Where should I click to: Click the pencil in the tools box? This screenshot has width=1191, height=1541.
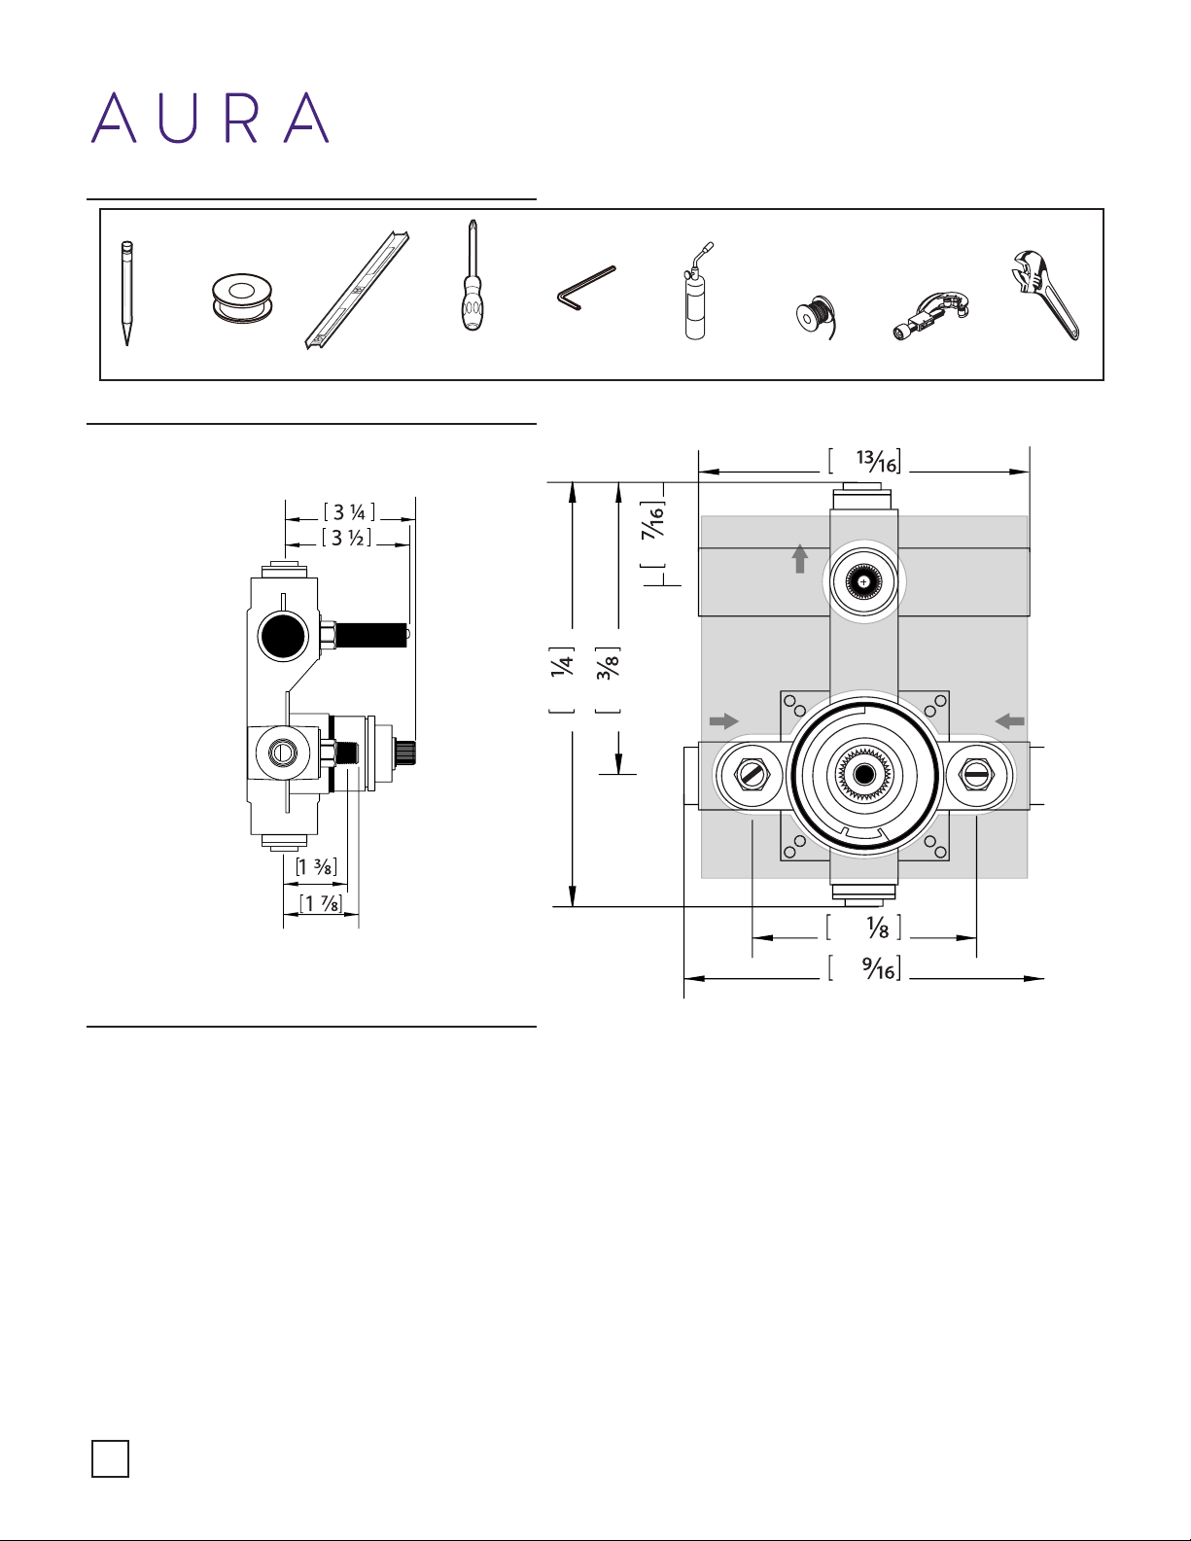(x=125, y=293)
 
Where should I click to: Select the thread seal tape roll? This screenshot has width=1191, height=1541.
(x=241, y=298)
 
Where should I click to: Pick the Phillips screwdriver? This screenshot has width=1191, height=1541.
(x=472, y=282)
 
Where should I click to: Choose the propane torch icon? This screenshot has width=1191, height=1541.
(x=696, y=293)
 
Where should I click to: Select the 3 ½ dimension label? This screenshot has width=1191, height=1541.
(x=347, y=538)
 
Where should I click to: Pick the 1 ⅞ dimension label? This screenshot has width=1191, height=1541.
(x=321, y=904)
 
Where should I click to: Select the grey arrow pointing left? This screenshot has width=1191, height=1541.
(x=1010, y=720)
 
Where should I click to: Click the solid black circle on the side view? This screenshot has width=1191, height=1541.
(x=283, y=636)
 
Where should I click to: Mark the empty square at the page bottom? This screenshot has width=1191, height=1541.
(x=110, y=1458)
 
